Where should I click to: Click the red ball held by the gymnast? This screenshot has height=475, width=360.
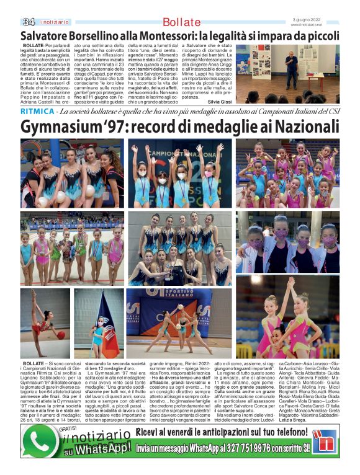click(x=61, y=335)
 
